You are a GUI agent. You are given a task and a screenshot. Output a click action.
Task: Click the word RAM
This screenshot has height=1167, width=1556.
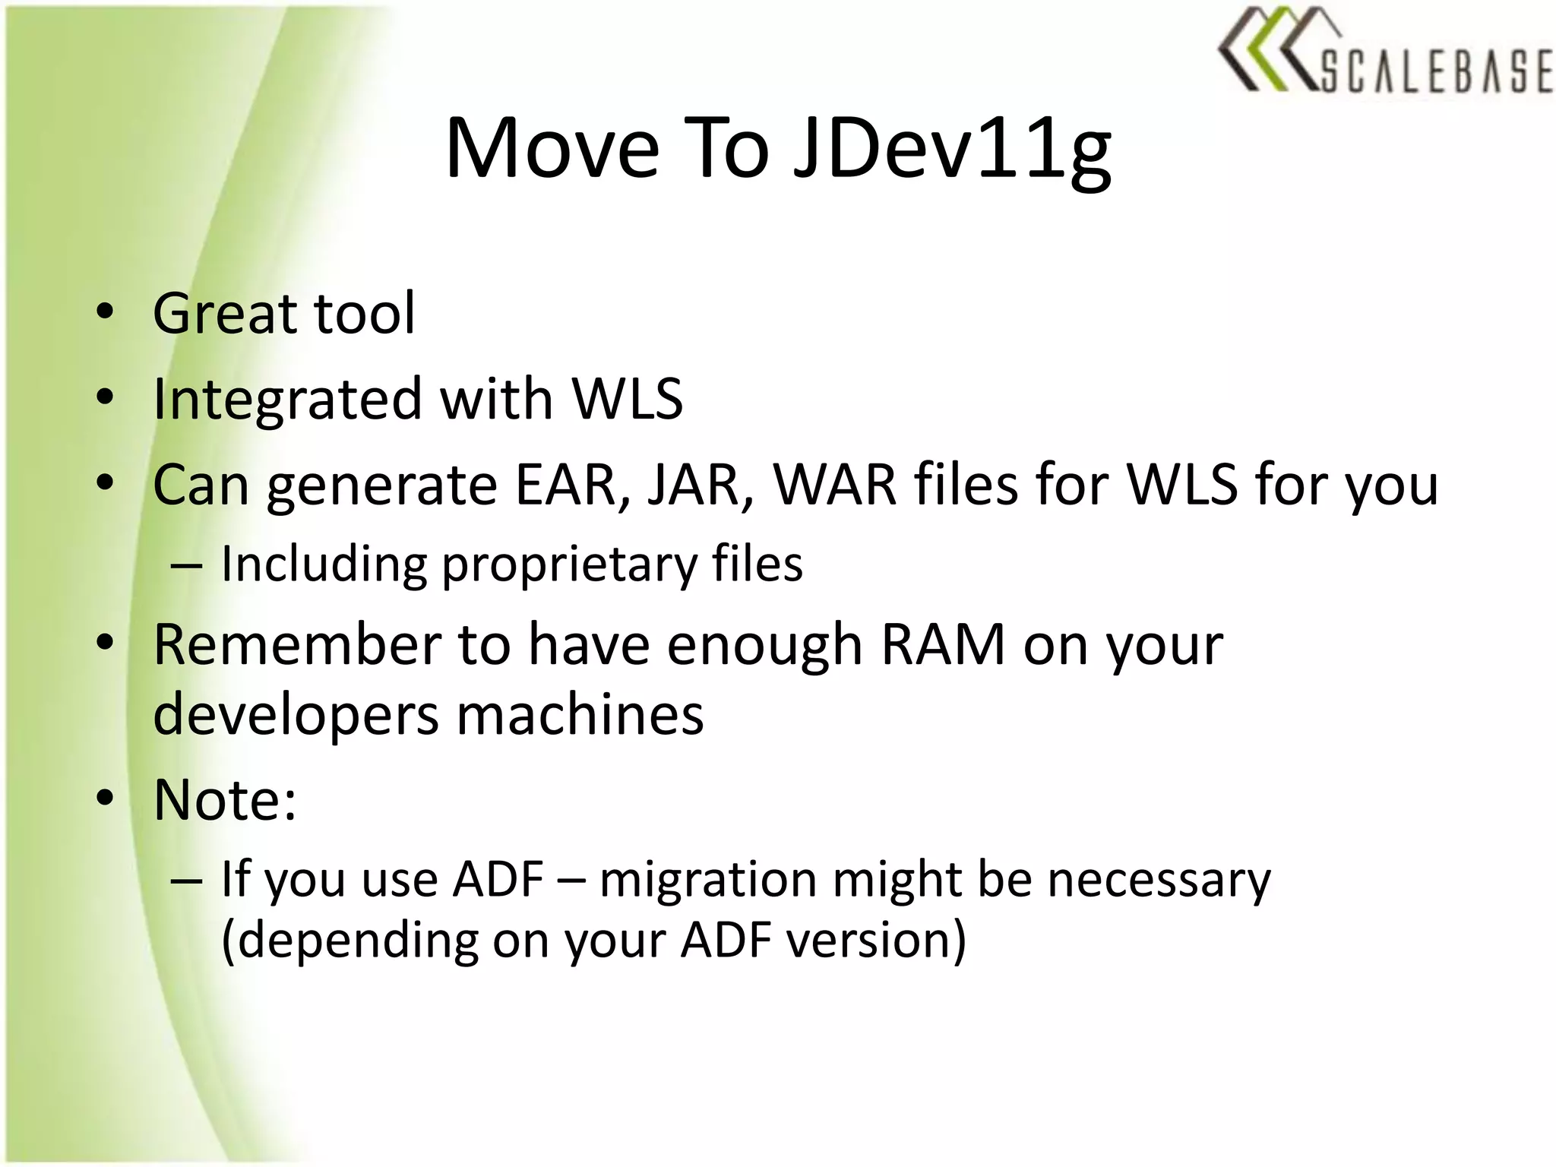point(942,645)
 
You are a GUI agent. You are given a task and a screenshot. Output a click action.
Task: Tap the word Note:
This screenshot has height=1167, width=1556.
point(224,800)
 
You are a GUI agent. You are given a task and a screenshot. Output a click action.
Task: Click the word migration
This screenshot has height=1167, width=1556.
point(707,880)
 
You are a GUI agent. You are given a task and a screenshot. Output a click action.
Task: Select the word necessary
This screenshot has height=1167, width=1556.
point(1159,880)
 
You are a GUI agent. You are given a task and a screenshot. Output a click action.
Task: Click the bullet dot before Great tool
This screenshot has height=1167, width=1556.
point(105,312)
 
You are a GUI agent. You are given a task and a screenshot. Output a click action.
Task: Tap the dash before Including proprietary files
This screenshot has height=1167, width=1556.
point(186,566)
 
